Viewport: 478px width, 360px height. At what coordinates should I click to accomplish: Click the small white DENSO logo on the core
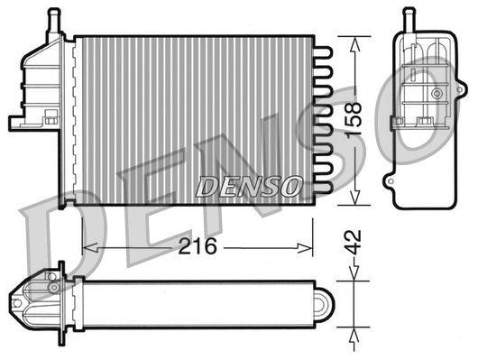pos(248,187)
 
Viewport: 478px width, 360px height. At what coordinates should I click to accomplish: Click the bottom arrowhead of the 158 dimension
pos(358,200)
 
